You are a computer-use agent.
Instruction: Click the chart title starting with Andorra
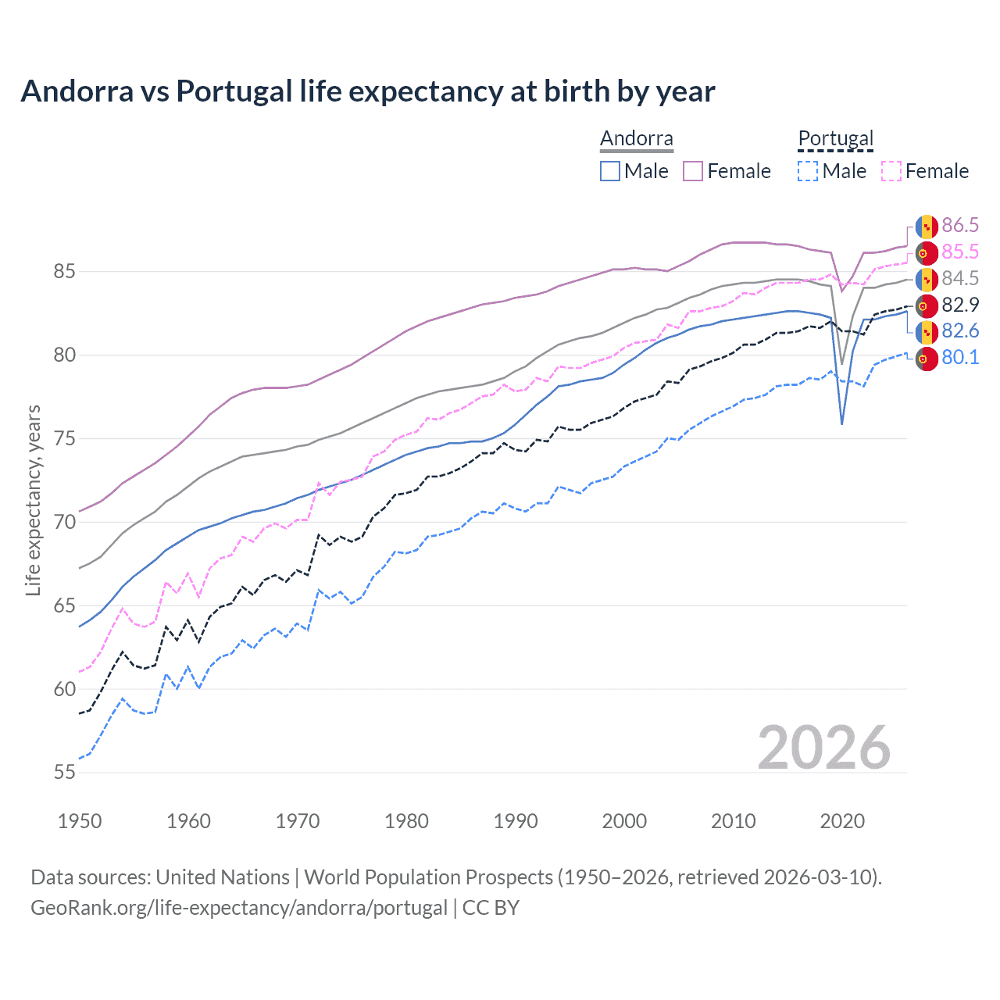(367, 91)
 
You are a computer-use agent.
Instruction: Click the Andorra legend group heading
(636, 138)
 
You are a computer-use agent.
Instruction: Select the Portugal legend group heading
(835, 138)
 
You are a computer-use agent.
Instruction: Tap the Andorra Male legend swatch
(610, 171)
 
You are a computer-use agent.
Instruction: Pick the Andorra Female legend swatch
(693, 171)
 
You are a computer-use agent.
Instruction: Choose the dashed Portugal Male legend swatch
(808, 171)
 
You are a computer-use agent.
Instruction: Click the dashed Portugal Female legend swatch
(891, 171)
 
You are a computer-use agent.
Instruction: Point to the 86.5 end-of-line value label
(959, 226)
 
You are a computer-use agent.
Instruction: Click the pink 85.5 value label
(959, 252)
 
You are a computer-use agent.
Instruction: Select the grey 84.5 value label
(959, 279)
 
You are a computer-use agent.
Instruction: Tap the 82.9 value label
(959, 305)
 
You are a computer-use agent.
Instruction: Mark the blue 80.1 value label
(959, 358)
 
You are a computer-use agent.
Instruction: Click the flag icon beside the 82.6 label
(927, 331)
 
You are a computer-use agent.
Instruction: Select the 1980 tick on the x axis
(406, 821)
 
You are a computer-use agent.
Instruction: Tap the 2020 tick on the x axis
(841, 821)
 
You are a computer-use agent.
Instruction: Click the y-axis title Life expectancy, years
(33, 500)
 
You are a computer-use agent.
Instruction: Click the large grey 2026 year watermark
(823, 748)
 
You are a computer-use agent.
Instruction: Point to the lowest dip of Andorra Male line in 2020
(841, 423)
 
